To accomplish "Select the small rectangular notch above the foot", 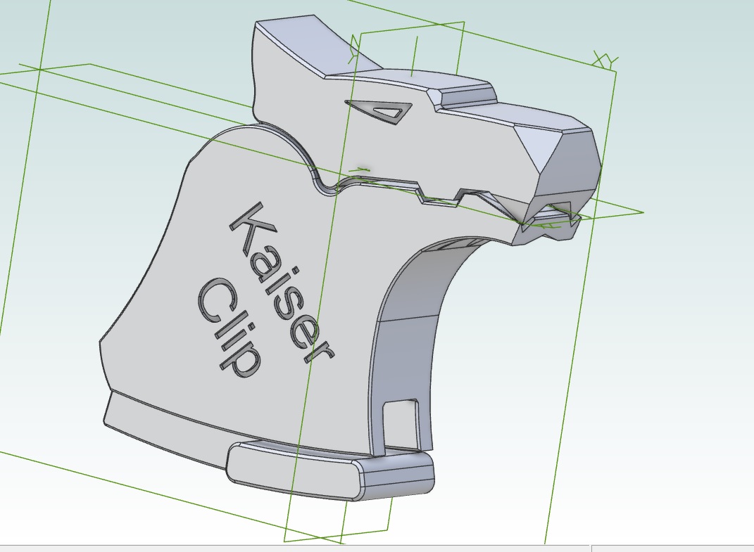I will click(400, 415).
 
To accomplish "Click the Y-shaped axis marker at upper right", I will click(603, 60).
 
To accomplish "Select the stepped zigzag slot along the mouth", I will click(436, 197).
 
